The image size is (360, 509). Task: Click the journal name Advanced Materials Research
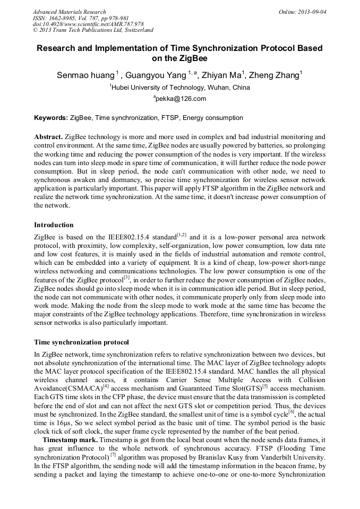tap(70, 12)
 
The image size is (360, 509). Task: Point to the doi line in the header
tap(88, 24)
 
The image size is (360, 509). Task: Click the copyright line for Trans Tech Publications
tap(93, 30)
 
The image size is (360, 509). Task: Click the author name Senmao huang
tap(85, 75)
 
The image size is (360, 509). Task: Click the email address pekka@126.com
tap(181, 99)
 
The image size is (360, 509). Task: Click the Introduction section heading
tap(54, 225)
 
